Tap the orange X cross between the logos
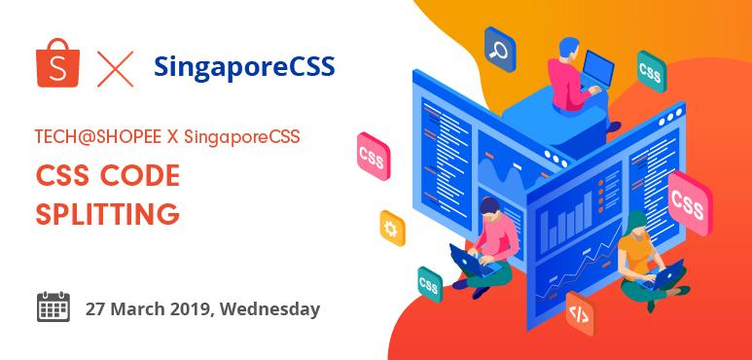[x=115, y=67]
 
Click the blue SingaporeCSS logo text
[x=244, y=66]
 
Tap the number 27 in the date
[x=95, y=309]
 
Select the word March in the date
[x=137, y=309]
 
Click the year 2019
[x=193, y=309]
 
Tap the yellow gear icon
[x=392, y=228]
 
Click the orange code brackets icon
[x=578, y=313]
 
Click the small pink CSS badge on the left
[x=371, y=156]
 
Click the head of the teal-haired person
[x=636, y=221]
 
